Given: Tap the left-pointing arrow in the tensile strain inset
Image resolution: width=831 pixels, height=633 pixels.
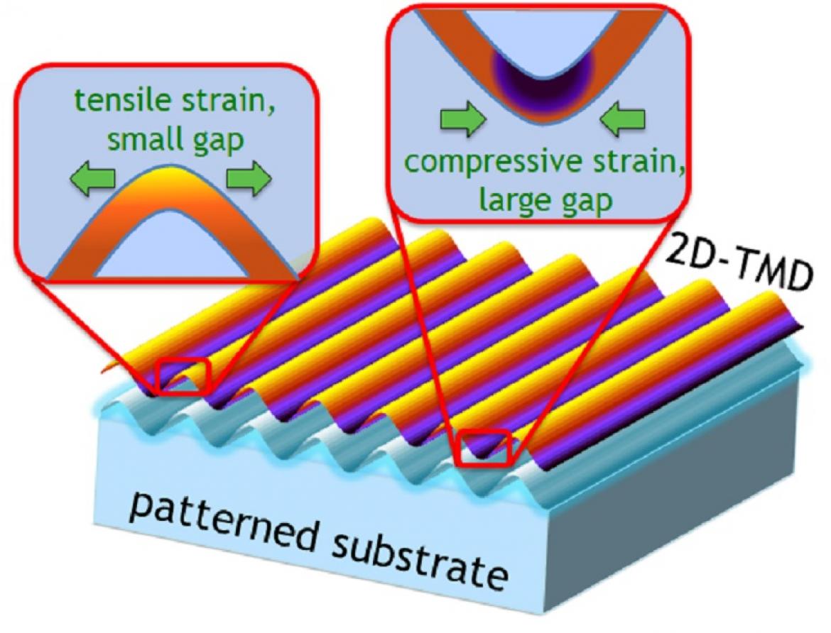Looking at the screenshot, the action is tap(93, 179).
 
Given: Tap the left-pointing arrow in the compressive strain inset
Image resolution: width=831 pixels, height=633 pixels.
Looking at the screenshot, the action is tap(623, 120).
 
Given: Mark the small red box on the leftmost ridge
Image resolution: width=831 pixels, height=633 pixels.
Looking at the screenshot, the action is tap(182, 377).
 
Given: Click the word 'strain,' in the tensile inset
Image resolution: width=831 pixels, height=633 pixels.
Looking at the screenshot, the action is tap(229, 101).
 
